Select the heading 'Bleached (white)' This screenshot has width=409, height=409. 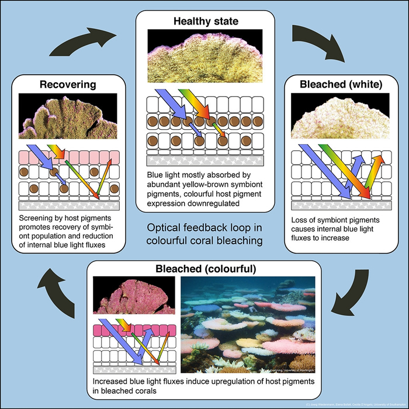coord(341,84)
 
